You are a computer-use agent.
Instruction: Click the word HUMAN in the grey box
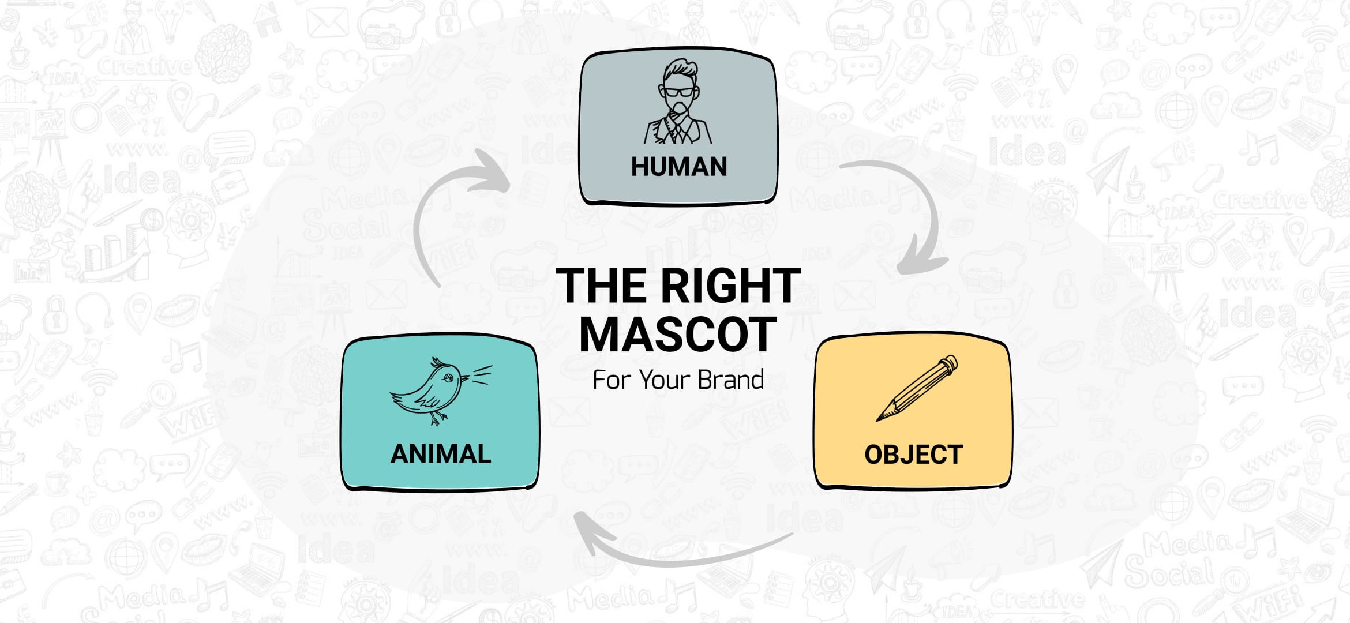click(678, 167)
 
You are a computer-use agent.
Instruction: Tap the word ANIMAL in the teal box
click(441, 454)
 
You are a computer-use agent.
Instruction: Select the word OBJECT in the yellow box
click(913, 455)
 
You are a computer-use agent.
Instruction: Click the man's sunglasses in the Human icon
click(678, 91)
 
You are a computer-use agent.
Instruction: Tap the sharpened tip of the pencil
click(879, 418)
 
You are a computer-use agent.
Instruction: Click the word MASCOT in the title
click(678, 335)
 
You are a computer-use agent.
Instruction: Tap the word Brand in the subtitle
click(731, 380)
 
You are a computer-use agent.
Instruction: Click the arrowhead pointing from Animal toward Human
click(492, 170)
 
